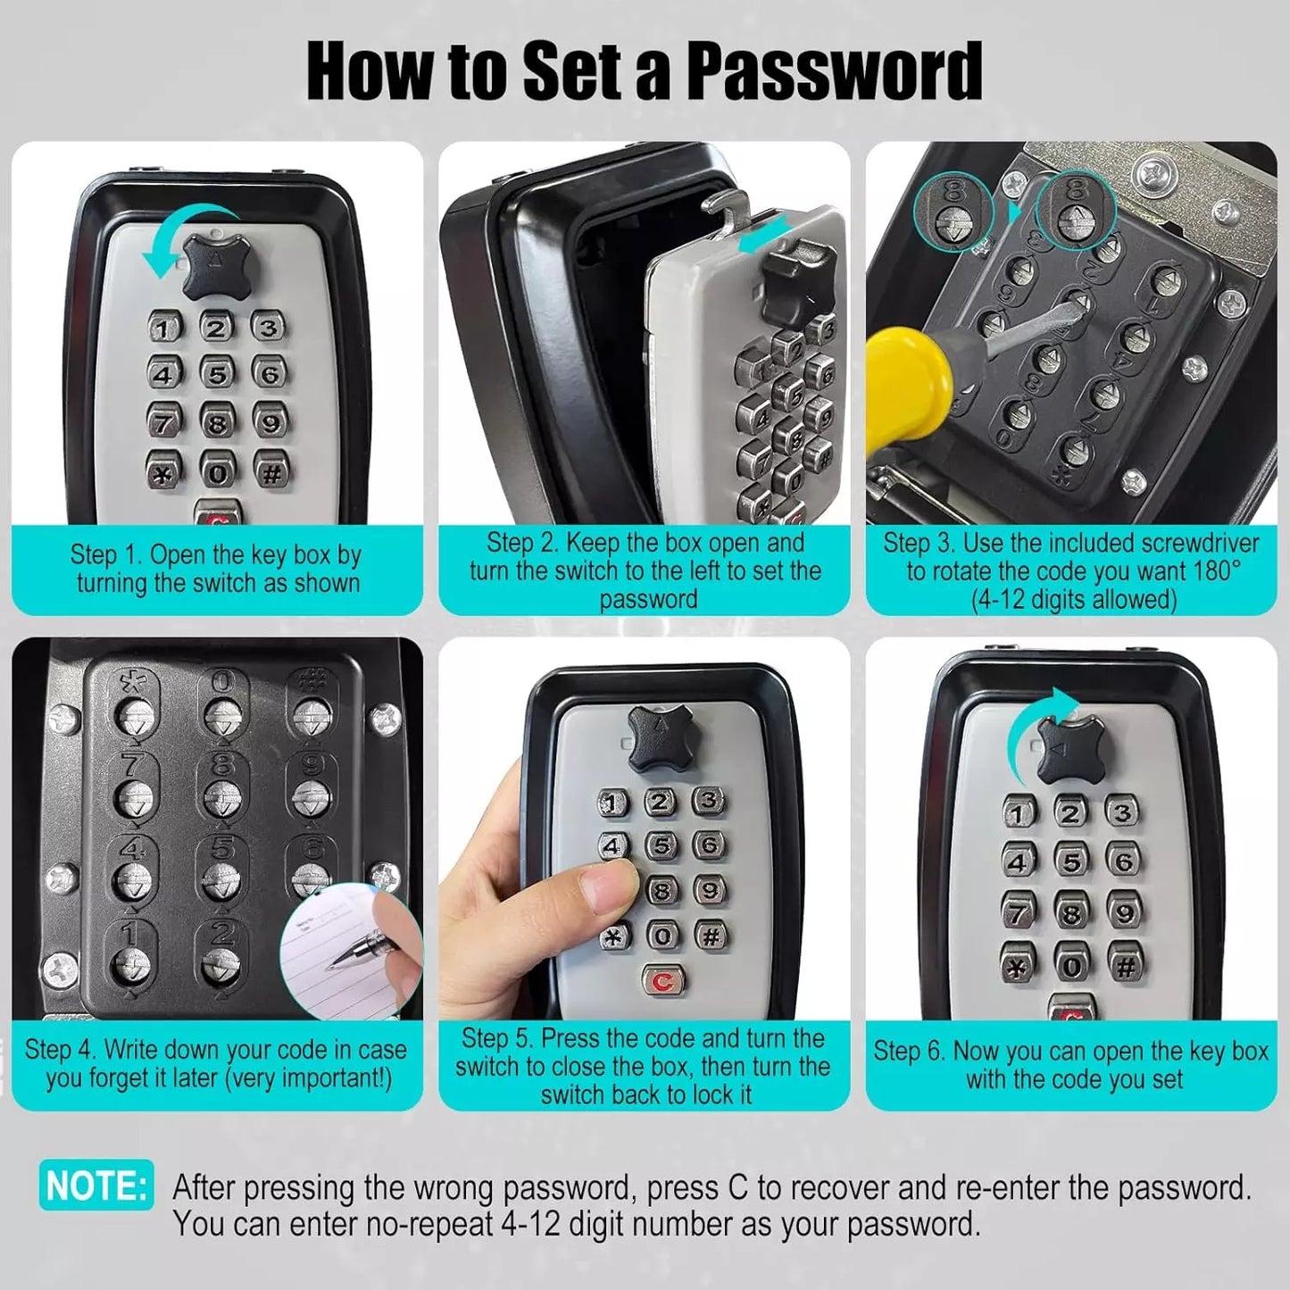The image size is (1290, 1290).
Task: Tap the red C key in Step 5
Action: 662,980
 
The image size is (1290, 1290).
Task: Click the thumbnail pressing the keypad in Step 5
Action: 606,887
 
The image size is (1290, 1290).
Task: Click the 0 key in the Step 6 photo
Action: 1072,966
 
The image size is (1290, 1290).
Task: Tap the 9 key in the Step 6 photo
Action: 1124,911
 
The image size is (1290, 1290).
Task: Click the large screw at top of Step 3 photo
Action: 1158,171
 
